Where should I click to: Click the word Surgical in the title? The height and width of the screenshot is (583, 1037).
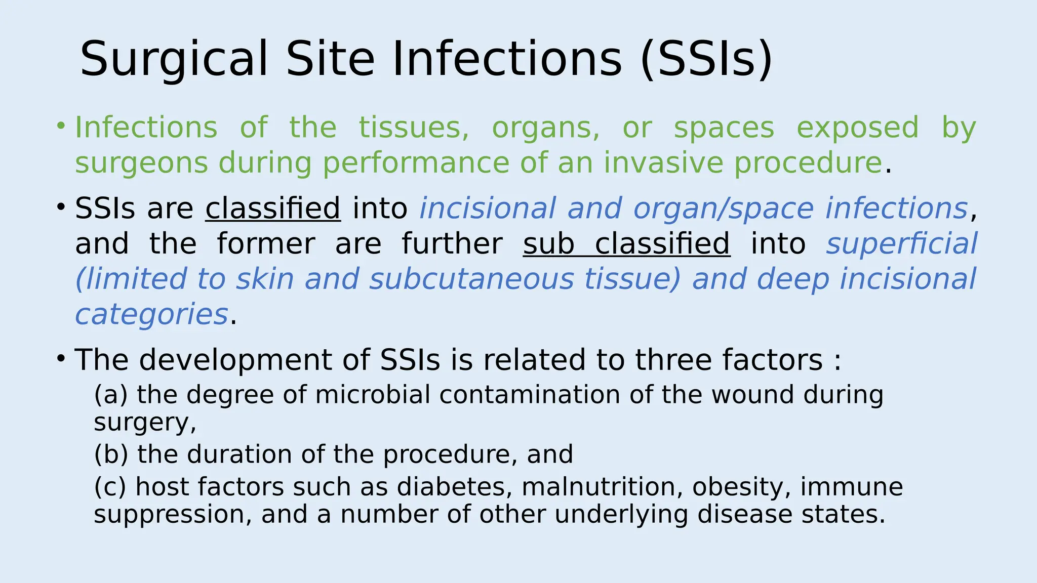(174, 60)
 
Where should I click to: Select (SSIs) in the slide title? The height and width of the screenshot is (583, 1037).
(706, 60)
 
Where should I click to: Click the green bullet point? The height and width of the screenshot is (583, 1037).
(61, 125)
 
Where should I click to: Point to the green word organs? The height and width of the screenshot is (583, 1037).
(546, 129)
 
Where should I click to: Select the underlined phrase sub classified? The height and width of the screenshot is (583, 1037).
(626, 244)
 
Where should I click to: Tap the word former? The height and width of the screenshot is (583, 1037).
(266, 244)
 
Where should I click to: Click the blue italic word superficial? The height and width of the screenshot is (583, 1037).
(901, 244)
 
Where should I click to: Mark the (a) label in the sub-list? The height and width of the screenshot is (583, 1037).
(111, 395)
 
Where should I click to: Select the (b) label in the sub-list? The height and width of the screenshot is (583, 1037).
(111, 454)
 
